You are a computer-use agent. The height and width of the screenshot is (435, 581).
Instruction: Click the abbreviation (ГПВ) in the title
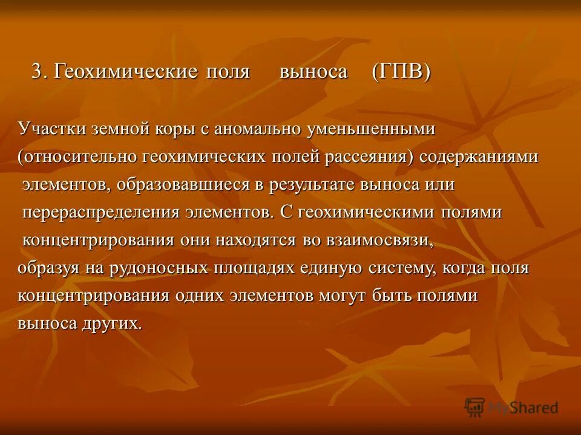coord(401,72)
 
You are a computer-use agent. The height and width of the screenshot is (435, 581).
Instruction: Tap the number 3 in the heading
coord(38,72)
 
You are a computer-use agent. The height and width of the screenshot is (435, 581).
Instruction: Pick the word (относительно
coord(77,157)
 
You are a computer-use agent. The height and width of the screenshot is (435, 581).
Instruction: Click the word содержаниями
coord(479,157)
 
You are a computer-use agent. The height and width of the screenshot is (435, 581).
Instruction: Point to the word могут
coord(340,295)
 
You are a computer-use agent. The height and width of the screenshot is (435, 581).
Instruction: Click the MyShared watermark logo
coord(511,407)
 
